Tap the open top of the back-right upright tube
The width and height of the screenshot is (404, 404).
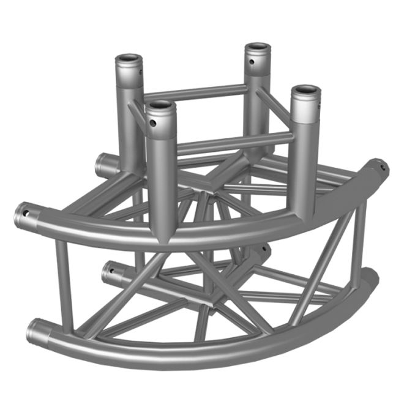(258, 49)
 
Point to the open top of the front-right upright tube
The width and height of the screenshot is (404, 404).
(305, 94)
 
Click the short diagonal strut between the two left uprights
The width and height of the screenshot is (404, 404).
(137, 113)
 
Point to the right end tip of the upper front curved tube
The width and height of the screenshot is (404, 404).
(380, 167)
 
